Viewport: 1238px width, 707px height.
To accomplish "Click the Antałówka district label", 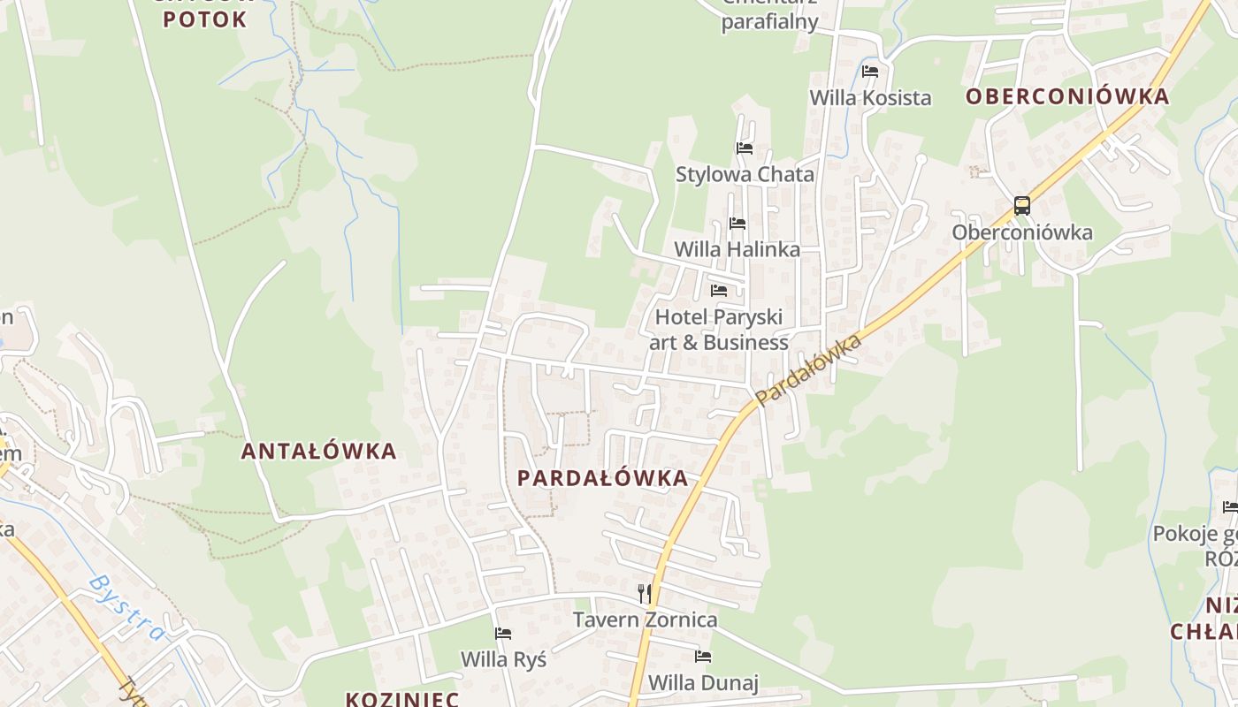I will point(319,451).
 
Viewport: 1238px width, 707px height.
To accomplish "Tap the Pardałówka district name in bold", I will point(602,478).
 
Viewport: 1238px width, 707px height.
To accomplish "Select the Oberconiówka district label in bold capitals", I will point(1067,96).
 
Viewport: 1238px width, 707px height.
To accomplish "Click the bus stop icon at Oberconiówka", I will point(1022,206).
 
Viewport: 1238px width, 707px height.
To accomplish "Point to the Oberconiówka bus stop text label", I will point(1022,232).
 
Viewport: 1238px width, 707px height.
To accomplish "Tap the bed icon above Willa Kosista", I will point(870,72).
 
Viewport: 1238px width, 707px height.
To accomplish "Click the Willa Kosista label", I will point(870,97).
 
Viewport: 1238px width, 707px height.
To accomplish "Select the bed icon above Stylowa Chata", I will point(745,148).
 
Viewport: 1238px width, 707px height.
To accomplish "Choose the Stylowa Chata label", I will point(745,174).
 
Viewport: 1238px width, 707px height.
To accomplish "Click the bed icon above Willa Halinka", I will point(737,224).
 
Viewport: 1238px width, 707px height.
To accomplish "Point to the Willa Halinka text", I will point(737,249).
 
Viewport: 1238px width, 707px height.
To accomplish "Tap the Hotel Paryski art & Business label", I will point(719,329).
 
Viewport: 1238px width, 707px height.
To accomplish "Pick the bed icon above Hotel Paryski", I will point(719,290).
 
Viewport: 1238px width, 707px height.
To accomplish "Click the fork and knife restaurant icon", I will point(645,593).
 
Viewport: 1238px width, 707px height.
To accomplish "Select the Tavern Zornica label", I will point(645,620).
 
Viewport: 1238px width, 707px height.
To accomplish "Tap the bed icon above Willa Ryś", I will point(503,633).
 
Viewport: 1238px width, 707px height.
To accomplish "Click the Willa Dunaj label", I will point(703,682).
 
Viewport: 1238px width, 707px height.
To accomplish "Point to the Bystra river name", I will point(127,607).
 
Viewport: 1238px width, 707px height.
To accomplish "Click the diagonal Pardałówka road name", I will point(808,369).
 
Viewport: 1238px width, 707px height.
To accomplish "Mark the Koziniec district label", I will point(401,699).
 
